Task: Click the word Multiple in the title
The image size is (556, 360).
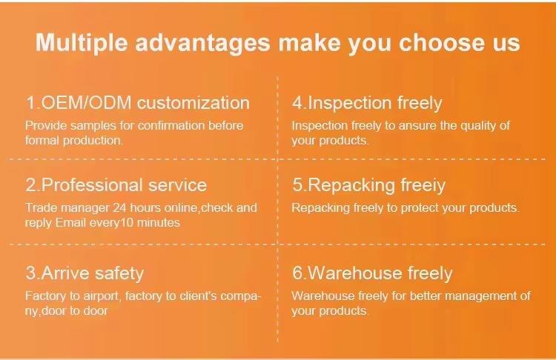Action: coord(82,43)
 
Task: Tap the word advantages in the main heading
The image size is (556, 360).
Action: coord(203,43)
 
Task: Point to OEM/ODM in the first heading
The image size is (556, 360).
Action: coord(87,103)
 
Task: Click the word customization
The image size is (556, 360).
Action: coord(193,103)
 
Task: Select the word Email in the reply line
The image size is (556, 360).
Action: coord(70,222)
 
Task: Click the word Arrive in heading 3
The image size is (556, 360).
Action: coord(65,273)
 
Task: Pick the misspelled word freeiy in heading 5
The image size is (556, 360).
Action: coord(423,186)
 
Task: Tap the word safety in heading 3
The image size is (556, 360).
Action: coord(119,273)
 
